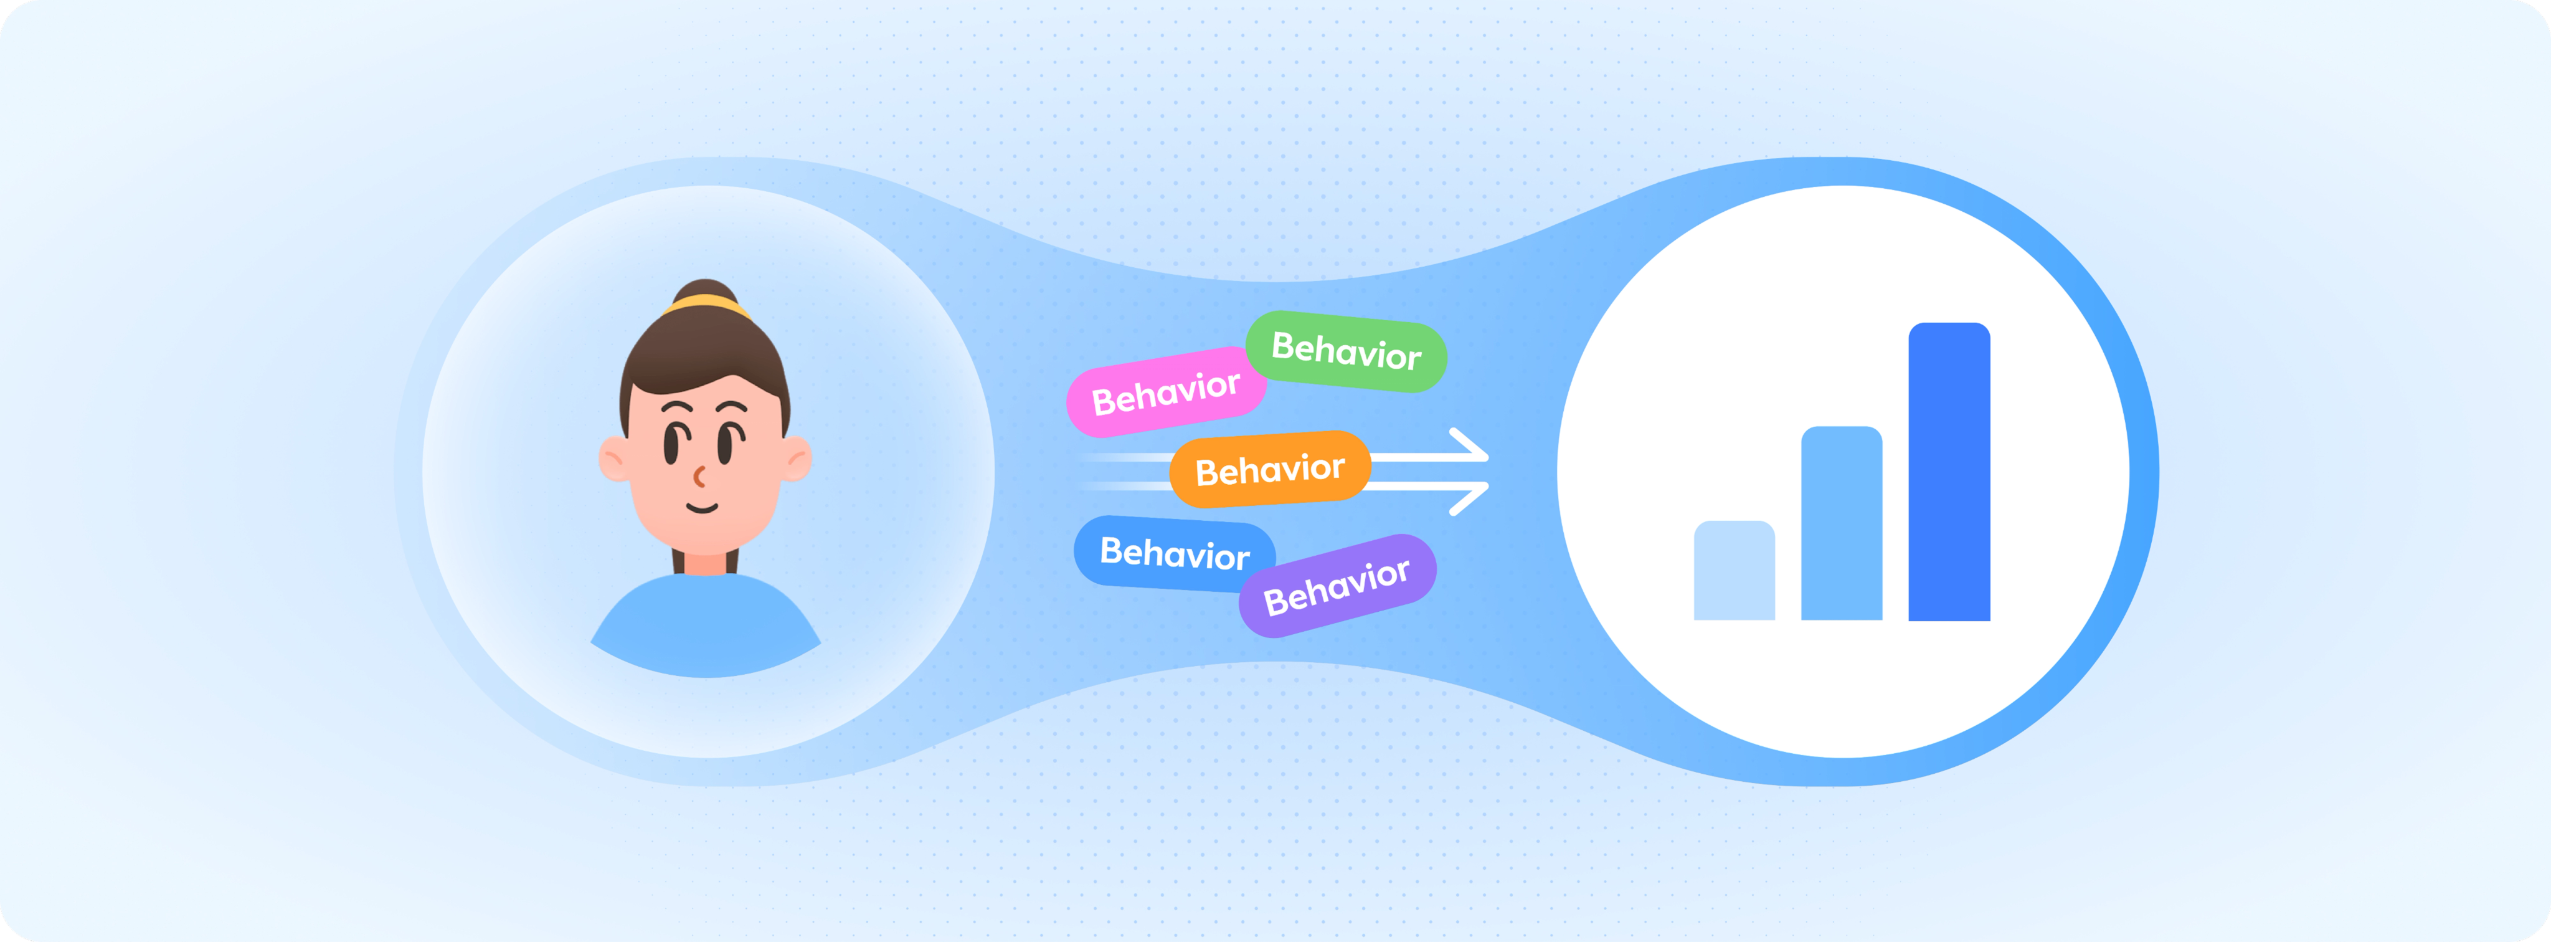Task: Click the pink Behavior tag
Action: click(1166, 392)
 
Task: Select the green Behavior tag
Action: click(1346, 351)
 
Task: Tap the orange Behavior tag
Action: click(1271, 470)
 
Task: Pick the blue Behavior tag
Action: click(1175, 554)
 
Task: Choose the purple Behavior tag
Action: click(1337, 586)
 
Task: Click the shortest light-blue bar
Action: click(1734, 571)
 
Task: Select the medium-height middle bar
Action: click(1841, 523)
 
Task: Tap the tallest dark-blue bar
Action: click(1949, 472)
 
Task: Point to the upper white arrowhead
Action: click(1470, 445)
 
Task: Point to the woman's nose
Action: click(699, 477)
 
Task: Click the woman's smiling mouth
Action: click(702, 509)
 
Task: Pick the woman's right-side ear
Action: click(795, 459)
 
